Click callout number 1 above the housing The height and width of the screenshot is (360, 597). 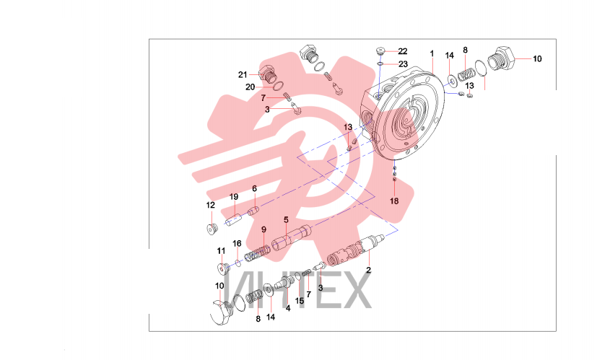tap(432, 53)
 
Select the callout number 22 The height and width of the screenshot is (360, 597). tap(402, 51)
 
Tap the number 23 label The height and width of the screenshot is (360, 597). tap(403, 64)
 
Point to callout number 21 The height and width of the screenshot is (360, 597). tap(243, 75)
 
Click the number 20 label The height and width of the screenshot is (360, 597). tap(250, 87)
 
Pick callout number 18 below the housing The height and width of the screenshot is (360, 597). tap(394, 201)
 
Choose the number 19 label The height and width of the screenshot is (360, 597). tap(234, 197)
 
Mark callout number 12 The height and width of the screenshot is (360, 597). tap(211, 205)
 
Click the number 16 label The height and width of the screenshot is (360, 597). tap(237, 244)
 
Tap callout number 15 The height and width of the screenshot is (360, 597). tap(300, 301)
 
